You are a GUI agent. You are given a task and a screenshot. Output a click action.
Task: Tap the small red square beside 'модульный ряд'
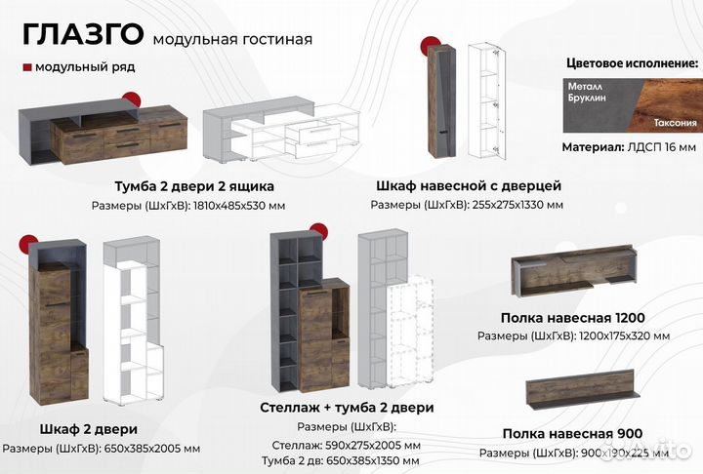[25, 67]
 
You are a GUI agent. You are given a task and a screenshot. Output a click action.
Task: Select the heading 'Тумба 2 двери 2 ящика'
[194, 185]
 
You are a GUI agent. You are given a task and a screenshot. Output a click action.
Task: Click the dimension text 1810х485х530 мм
[238, 205]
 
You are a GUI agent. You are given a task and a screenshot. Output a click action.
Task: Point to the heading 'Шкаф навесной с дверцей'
[468, 185]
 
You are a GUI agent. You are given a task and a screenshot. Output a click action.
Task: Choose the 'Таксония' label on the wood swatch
[675, 124]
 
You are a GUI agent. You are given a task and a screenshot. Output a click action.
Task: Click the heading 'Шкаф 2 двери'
[88, 429]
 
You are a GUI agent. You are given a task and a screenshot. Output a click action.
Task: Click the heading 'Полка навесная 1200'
[572, 317]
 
